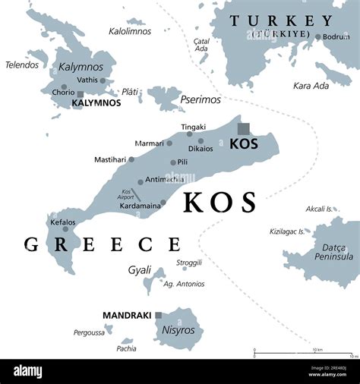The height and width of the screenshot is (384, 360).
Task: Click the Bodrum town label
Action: (336, 36)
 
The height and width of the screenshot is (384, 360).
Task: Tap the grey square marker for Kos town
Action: (244, 129)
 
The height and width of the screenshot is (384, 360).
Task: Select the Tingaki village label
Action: (193, 127)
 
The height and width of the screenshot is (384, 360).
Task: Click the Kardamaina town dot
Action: (163, 203)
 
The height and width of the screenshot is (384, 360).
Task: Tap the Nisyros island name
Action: (178, 330)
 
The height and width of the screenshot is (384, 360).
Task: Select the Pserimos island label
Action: (201, 99)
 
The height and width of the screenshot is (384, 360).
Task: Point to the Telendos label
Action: (21, 65)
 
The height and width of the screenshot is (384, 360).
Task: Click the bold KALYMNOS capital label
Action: (96, 102)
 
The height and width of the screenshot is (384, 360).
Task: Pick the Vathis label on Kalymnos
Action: (87, 80)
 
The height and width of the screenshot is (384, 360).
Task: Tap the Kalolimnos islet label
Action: (130, 31)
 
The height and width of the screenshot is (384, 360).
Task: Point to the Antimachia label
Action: (164, 180)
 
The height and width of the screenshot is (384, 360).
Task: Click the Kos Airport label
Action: (127, 194)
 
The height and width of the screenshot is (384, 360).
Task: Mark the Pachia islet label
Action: (127, 348)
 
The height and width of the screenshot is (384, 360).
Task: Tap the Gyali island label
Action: (140, 269)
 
